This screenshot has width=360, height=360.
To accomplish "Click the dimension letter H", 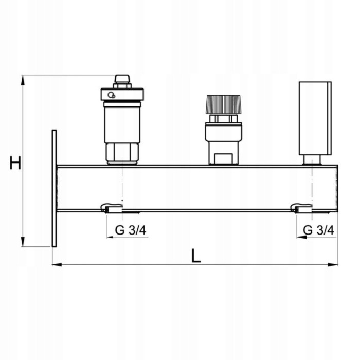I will click(x=15, y=164).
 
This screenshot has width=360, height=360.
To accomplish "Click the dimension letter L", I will click(x=195, y=256).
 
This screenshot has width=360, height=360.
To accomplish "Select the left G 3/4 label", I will click(x=131, y=230).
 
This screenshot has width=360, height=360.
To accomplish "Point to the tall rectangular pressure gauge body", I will click(x=315, y=118).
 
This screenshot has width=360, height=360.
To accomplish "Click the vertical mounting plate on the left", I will click(x=54, y=188).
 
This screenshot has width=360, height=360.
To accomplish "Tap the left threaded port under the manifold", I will click(x=112, y=208).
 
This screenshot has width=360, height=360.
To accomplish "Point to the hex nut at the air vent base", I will click(x=122, y=152).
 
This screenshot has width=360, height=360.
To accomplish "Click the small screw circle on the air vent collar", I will click(x=111, y=95).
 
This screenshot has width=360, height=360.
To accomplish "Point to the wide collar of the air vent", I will click(x=122, y=95).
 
